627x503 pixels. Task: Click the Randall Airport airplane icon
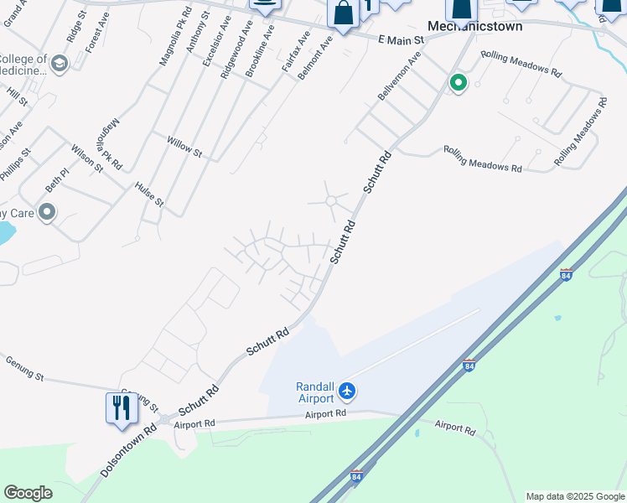[348, 391]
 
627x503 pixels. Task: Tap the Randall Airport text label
[314, 392]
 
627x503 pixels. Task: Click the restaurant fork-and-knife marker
[122, 407]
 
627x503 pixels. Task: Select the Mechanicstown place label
[474, 26]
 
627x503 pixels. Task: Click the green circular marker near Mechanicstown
[458, 82]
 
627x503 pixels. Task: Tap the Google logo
[28, 493]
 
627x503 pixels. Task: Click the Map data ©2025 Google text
[574, 496]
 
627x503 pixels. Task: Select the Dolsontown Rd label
[129, 450]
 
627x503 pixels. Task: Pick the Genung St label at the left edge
[24, 368]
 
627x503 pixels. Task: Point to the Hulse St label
[149, 194]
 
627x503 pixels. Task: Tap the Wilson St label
[87, 158]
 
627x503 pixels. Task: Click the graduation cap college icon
[59, 63]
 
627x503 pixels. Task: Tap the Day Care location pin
[47, 213]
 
